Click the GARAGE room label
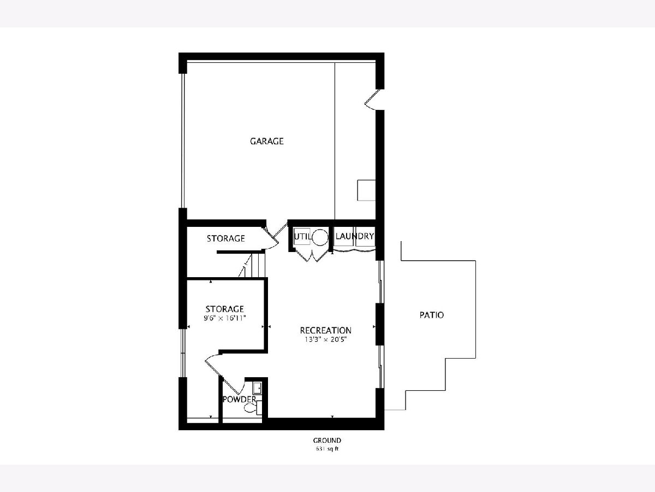click(266, 141)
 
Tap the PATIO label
click(432, 315)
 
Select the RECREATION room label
click(325, 330)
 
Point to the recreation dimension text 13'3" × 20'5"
click(325, 339)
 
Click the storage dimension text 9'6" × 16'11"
click(225, 318)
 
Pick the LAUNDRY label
click(354, 236)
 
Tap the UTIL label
click(302, 237)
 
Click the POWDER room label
click(239, 400)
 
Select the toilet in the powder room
click(253, 407)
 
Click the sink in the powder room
click(257, 389)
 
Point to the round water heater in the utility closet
click(320, 237)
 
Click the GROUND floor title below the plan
click(327, 440)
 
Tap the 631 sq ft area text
click(327, 449)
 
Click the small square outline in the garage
click(366, 190)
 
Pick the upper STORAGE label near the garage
click(226, 238)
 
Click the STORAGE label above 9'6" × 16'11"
click(225, 309)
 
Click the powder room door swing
click(233, 385)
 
